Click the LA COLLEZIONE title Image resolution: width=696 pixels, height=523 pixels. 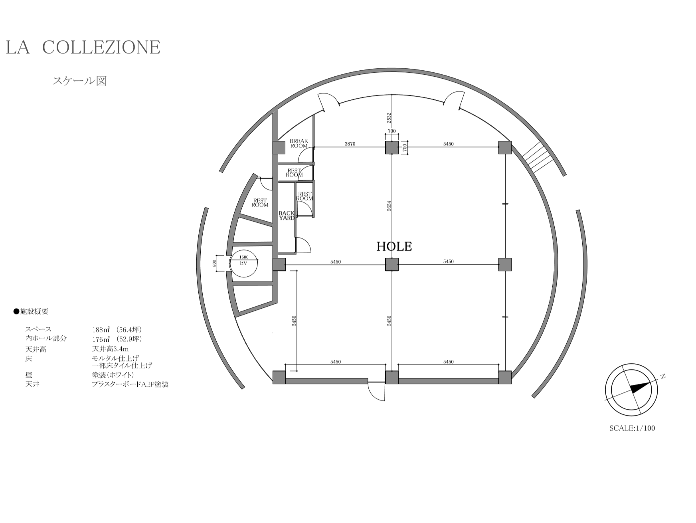pos(83,47)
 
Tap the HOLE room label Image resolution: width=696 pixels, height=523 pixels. pos(394,246)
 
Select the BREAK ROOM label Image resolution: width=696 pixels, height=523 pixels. pos(299,143)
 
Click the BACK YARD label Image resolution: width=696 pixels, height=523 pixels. pos(287,216)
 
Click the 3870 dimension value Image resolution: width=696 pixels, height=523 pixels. pos(350,144)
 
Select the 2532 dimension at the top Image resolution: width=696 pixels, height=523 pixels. pos(389,118)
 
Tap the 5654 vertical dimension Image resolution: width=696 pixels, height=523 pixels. pos(389,206)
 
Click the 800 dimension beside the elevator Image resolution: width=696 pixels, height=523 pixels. pos(214,263)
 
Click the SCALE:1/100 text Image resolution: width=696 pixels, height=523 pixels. pos(632,428)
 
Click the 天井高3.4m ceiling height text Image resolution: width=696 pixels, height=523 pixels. pos(111,349)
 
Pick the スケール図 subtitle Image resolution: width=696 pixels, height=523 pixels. pos(80,81)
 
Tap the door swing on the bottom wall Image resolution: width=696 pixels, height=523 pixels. pos(376,391)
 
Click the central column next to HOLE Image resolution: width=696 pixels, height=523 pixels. pos(392,264)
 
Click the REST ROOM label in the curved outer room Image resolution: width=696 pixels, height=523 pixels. pos(260,203)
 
